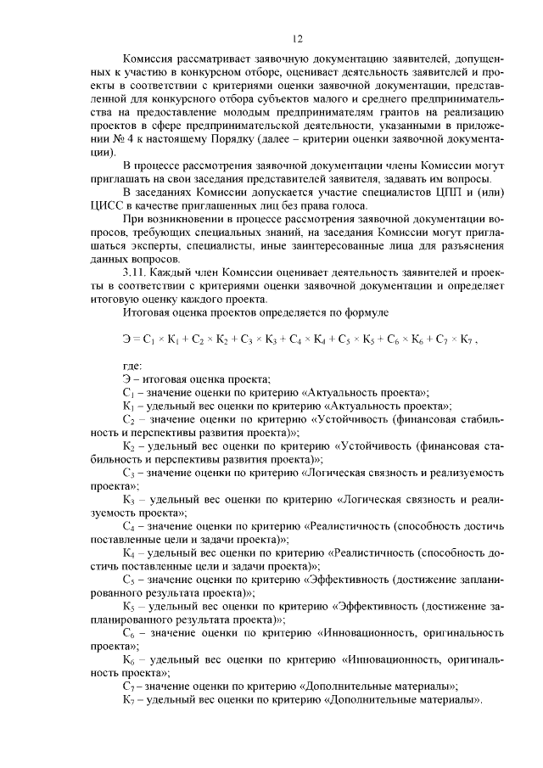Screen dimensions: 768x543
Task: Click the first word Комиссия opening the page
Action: pyautogui.click(x=149, y=61)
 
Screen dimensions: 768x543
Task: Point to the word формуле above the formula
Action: pyautogui.click(x=364, y=312)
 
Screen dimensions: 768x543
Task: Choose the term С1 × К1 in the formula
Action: pyautogui.click(x=167, y=339)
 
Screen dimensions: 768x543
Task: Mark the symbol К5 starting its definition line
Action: pyautogui.click(x=128, y=604)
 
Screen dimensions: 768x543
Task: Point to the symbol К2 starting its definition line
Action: pyautogui.click(x=128, y=445)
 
